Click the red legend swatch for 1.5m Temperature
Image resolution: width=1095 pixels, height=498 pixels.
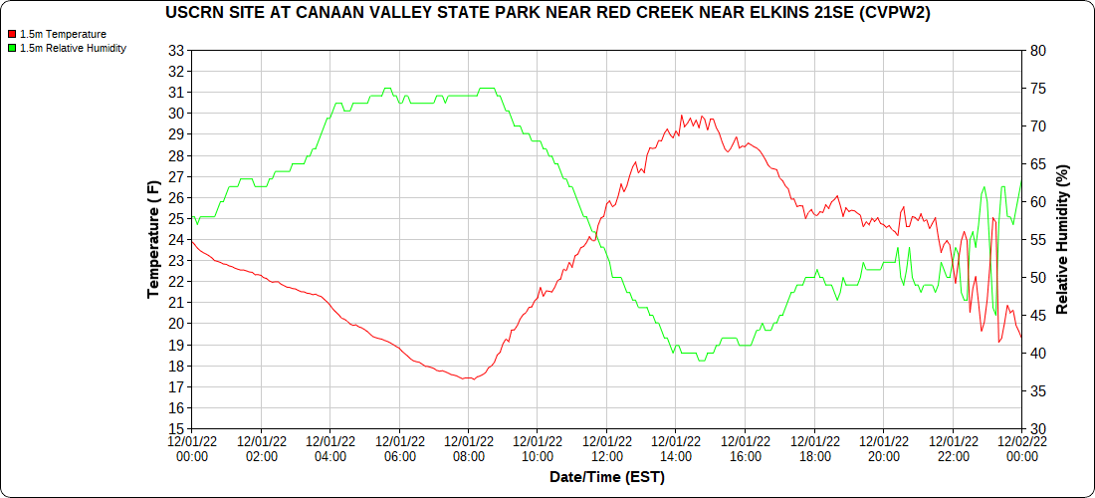(x=11, y=34)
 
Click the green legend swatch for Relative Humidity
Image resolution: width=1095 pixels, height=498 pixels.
(x=11, y=48)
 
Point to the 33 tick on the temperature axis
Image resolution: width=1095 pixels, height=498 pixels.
(x=177, y=50)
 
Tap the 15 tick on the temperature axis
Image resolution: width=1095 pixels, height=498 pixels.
(x=177, y=429)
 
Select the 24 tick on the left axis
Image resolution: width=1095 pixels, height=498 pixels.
(x=177, y=239)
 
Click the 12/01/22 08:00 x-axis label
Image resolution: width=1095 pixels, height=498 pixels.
(x=468, y=449)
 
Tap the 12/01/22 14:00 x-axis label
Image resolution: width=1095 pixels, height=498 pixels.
(x=676, y=449)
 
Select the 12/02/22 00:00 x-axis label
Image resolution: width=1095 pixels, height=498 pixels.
(x=1021, y=449)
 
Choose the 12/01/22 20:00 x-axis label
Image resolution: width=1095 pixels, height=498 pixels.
(x=883, y=449)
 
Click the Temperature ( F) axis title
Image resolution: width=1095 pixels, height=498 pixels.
(x=153, y=239)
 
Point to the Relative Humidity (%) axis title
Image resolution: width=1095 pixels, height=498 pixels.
(x=1062, y=239)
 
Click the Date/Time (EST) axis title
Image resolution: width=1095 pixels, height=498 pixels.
(x=606, y=477)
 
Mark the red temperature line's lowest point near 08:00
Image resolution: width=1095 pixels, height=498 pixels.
(x=468, y=378)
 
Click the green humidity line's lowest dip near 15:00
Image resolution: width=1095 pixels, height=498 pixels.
(x=702, y=361)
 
